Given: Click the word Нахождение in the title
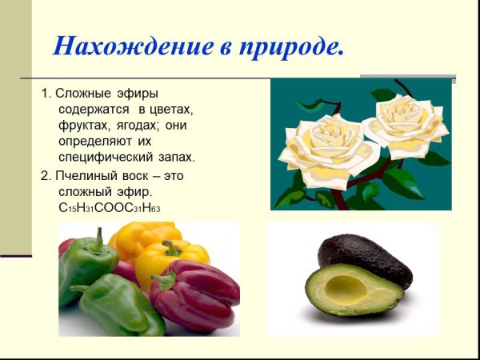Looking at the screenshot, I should point(121,46).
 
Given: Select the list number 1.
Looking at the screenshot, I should point(45,94).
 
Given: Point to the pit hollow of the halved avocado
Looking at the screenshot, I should point(345,286).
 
